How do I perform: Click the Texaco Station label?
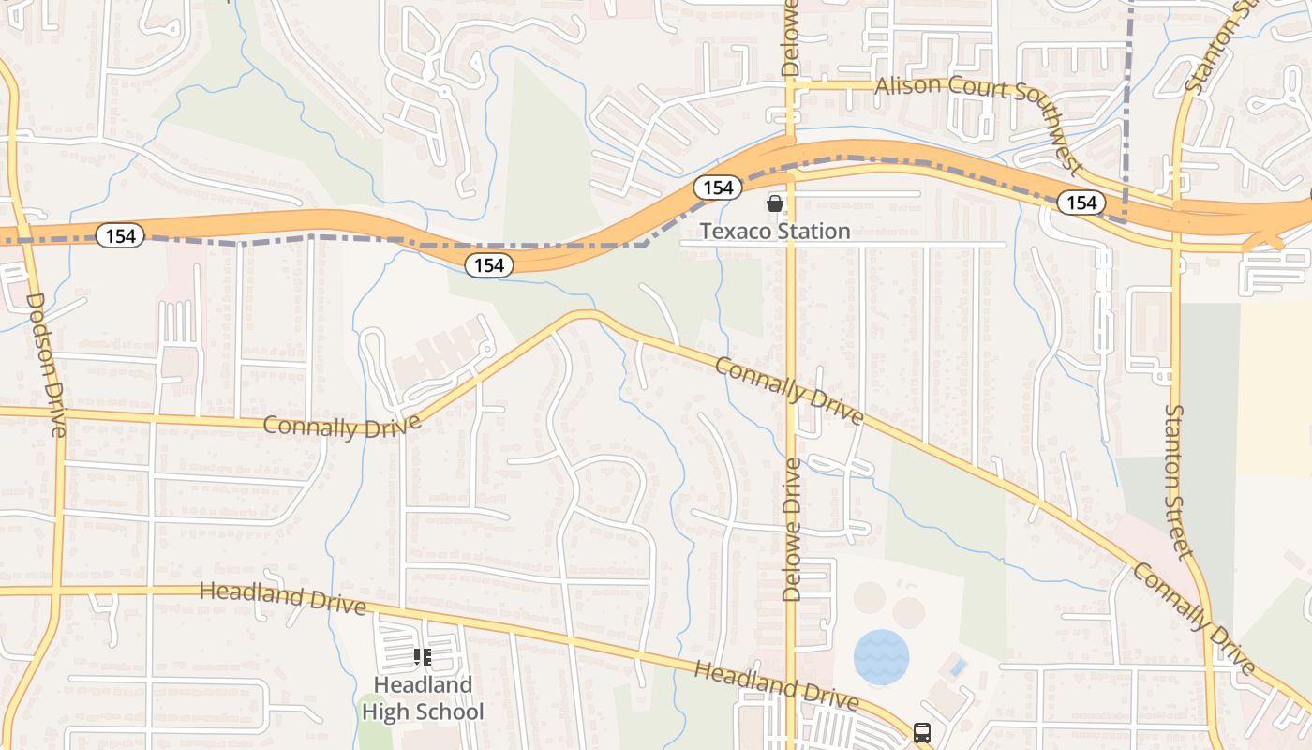pos(775,231)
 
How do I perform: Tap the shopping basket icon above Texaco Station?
pos(775,203)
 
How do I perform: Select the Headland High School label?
pos(423,698)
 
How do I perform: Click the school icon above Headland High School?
pos(422,657)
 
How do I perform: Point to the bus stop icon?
pos(922,732)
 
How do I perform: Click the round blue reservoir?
pos(881,656)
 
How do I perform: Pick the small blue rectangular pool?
pos(955,667)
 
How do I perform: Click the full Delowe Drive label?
pos(792,530)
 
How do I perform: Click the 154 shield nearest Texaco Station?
pos(718,187)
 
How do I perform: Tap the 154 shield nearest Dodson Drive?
pos(121,236)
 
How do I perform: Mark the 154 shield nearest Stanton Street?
pos(1081,202)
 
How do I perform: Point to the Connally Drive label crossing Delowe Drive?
pos(788,390)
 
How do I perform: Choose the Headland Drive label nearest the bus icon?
pos(776,685)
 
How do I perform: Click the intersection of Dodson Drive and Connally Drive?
pos(58,412)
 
